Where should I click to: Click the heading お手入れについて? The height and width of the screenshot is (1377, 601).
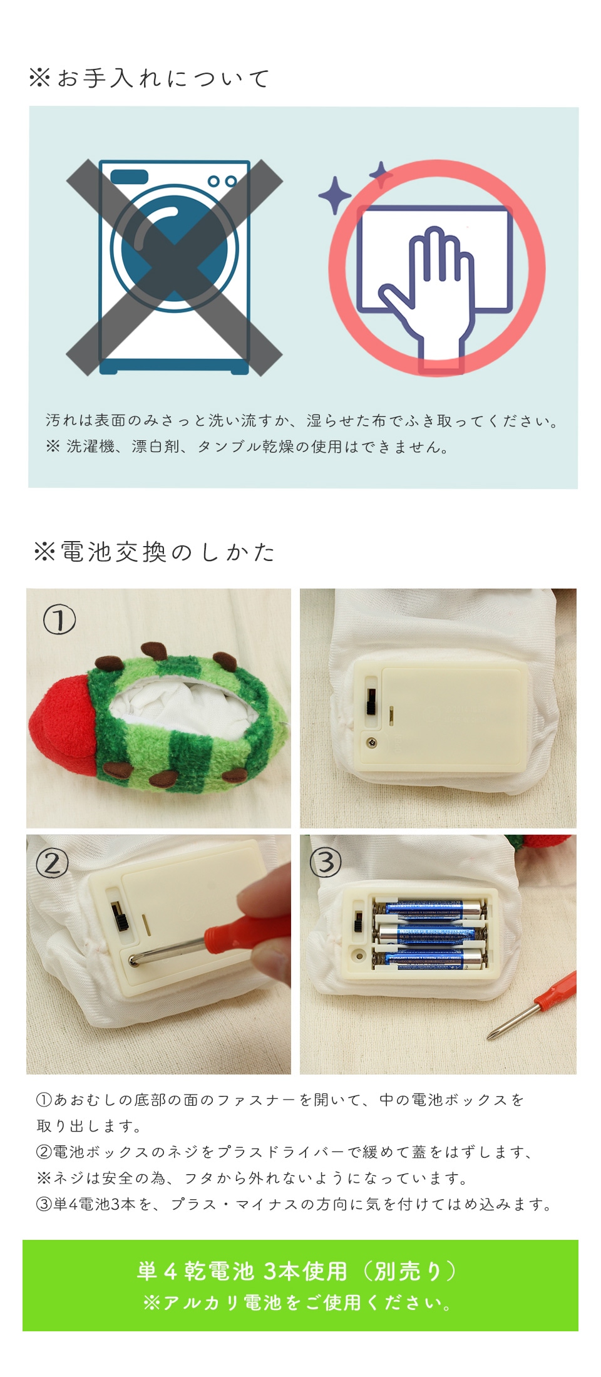150,78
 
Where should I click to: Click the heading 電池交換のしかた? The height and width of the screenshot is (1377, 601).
155,552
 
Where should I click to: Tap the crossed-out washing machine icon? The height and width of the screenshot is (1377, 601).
175,267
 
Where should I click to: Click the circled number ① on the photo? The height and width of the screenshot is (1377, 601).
59,620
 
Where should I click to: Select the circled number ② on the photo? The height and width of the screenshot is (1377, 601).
52,864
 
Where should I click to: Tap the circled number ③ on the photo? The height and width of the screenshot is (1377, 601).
326,863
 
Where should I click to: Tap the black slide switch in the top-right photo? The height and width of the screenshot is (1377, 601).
371,701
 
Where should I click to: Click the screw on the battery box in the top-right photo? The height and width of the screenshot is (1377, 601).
373,743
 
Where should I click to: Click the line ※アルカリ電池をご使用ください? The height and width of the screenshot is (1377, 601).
297,1303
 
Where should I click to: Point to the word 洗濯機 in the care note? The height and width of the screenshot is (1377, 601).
90,447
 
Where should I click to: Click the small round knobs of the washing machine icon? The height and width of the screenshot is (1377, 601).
222,181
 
